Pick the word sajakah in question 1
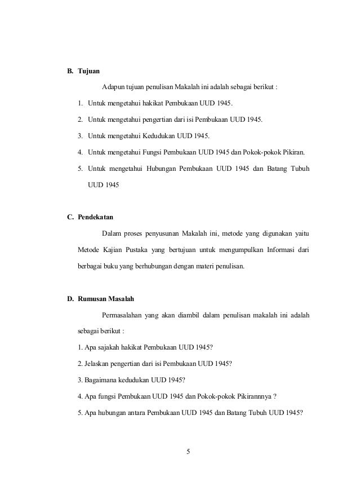point(105,347)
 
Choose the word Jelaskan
point(98,364)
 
